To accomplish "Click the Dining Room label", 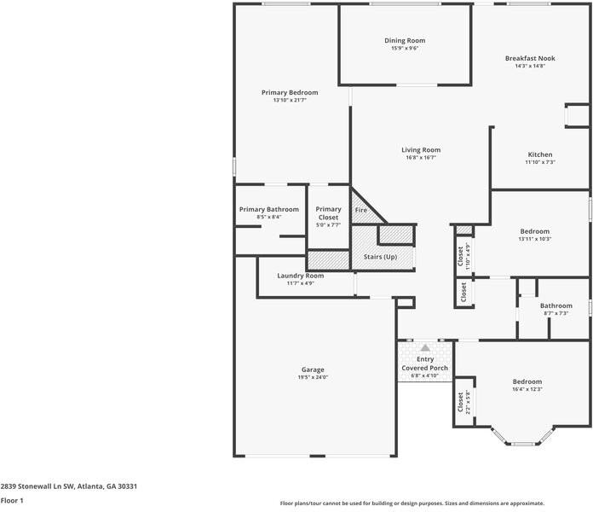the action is pos(405,40).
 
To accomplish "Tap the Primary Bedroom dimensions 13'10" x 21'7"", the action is pos(290,101).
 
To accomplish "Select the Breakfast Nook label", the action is pos(530,58).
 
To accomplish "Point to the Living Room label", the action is pos(421,150).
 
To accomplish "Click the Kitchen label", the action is pos(540,154).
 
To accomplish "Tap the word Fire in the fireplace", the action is pos(360,210).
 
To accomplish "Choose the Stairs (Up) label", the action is pos(380,257).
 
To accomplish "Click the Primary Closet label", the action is pos(328,213).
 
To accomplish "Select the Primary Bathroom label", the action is pos(269,209).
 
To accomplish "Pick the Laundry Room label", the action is pos(300,276).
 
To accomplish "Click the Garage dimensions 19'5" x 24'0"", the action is pos(313,377).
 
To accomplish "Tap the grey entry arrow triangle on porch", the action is pos(425,347).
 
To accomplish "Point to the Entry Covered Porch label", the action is pos(424,364).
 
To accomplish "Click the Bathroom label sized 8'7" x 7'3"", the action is pos(556,305).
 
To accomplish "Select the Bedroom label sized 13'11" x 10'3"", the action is pos(535,231).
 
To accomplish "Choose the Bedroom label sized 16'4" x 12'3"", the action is pos(527,381).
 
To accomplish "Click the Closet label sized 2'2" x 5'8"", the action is pos(460,402).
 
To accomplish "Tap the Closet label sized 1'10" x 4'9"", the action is pos(460,256).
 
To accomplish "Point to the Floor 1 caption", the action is pos(12,501).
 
